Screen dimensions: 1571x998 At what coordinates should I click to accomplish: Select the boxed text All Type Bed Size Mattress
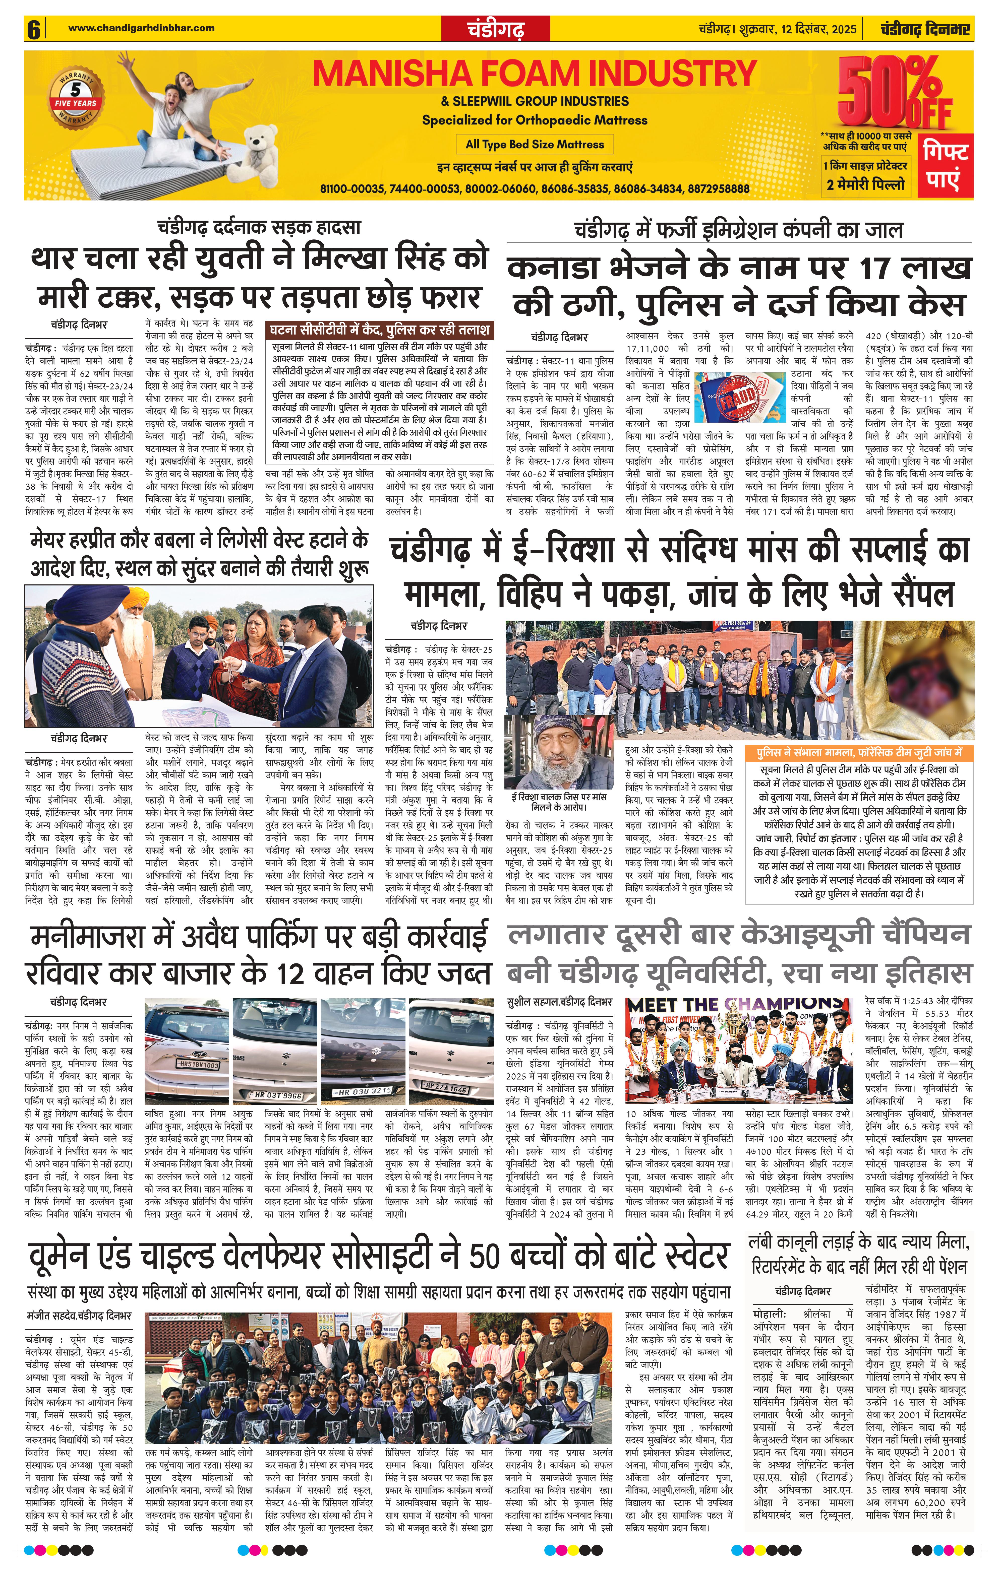[x=535, y=144]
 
